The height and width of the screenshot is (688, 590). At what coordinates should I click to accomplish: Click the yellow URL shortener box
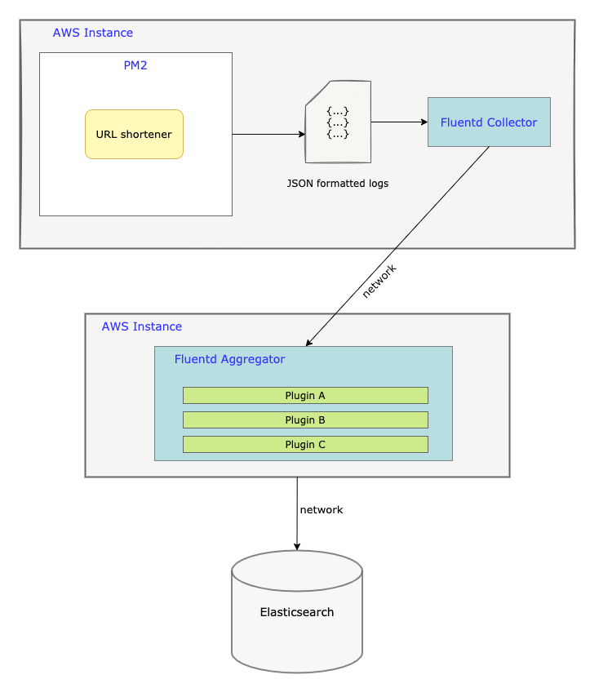tap(134, 134)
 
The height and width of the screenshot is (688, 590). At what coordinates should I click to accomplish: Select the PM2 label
tap(135, 65)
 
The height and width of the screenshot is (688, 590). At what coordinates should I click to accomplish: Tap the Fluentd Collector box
tap(489, 122)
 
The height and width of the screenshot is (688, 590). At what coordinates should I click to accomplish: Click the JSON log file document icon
tap(338, 122)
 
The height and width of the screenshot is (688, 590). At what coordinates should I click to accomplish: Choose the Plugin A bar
tap(305, 396)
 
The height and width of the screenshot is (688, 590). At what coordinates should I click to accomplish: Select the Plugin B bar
tap(305, 420)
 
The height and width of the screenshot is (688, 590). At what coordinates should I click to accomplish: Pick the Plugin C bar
tap(305, 445)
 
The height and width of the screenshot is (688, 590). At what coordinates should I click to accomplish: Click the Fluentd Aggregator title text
tap(229, 359)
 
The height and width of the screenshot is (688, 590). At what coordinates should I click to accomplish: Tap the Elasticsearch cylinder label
tap(297, 612)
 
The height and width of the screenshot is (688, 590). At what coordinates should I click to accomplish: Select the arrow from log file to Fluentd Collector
tap(398, 122)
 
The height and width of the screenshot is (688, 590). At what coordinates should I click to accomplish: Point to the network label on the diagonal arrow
tap(379, 281)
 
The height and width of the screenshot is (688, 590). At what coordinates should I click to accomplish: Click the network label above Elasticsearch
tap(322, 509)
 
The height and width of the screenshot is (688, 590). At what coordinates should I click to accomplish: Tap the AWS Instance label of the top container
tap(93, 33)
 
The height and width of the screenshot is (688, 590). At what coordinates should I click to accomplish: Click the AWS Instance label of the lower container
tap(142, 326)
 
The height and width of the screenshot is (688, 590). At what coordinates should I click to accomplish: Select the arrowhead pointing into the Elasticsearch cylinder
tap(297, 546)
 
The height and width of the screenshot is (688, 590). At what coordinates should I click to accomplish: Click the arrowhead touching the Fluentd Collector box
tap(424, 122)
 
